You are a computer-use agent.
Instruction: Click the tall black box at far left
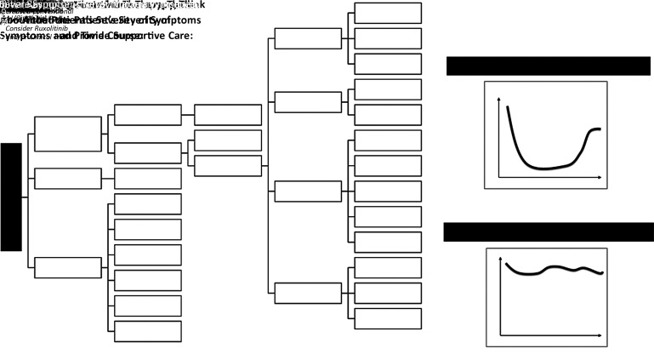(11, 197)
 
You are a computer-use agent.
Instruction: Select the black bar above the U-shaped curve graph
(548, 66)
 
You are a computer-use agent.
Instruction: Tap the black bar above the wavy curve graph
(548, 232)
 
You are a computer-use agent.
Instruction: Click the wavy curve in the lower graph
(553, 269)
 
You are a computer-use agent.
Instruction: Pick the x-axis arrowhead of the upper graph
(600, 177)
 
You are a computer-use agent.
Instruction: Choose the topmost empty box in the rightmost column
(388, 13)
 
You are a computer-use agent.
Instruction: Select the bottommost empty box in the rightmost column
(388, 318)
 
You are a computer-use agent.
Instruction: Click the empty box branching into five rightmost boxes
(308, 191)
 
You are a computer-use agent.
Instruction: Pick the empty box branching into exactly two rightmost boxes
(308, 102)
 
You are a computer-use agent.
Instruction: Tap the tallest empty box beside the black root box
(67, 134)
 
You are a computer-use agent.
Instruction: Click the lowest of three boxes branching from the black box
(67, 267)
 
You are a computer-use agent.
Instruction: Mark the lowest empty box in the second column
(147, 331)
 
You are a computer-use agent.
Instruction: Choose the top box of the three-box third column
(228, 115)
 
